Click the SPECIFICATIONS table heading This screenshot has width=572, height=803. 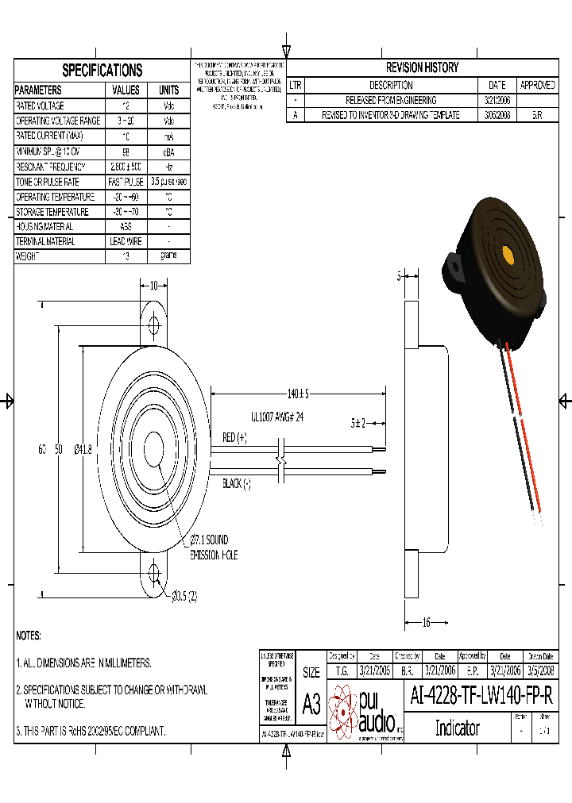tap(102, 70)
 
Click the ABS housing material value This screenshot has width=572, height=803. tap(126, 226)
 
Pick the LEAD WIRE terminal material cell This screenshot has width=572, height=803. tap(126, 241)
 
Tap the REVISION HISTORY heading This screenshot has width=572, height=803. tap(422, 68)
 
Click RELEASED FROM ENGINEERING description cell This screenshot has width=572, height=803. tap(390, 100)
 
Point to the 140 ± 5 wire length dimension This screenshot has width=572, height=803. tap(298, 394)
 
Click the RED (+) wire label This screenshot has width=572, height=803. tap(235, 438)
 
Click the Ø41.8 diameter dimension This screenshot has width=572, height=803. tap(83, 449)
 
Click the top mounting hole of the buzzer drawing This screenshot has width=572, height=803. tap(153, 325)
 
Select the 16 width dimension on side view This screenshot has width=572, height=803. tap(426, 623)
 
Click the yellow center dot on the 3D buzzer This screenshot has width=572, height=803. tap(508, 255)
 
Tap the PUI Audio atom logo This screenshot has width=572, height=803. tap(343, 710)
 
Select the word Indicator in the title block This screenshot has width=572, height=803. tap(457, 728)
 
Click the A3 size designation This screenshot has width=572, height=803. tap(311, 704)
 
